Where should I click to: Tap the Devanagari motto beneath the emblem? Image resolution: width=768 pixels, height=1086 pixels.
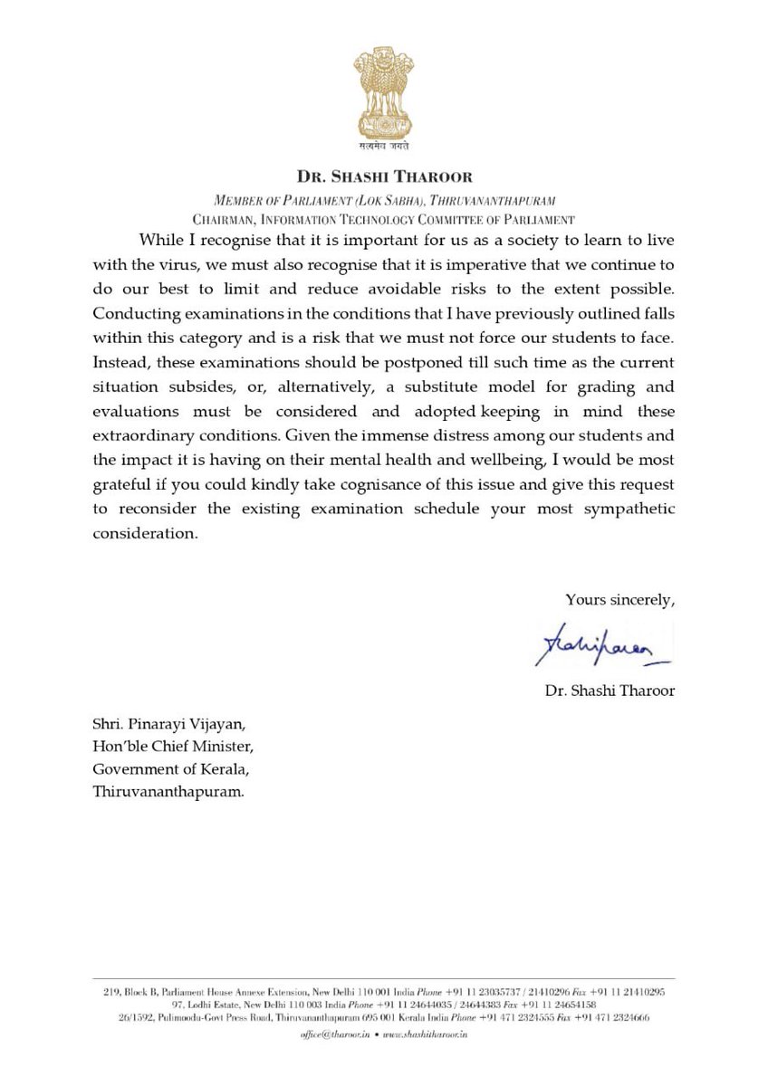point(383,145)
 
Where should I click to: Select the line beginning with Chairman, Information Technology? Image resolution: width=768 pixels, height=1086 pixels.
point(383,219)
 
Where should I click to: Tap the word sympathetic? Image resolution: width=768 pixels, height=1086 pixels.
point(623,509)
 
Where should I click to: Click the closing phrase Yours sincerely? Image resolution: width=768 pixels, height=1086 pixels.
point(619,599)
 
